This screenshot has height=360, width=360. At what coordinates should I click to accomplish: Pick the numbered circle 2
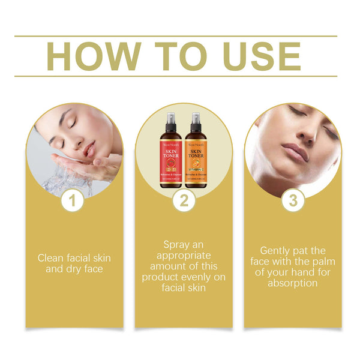point(184,201)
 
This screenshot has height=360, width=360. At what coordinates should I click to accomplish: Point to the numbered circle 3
point(293,201)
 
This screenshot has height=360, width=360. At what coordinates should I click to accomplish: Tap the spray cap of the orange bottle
point(197,119)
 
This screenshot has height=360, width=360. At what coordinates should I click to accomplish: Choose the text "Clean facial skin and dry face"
point(74,263)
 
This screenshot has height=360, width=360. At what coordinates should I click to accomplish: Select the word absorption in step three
point(293,283)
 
